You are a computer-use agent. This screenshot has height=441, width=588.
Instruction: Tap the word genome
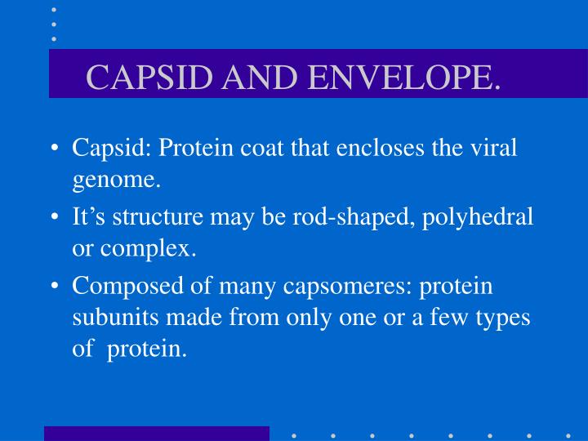click(115, 180)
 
